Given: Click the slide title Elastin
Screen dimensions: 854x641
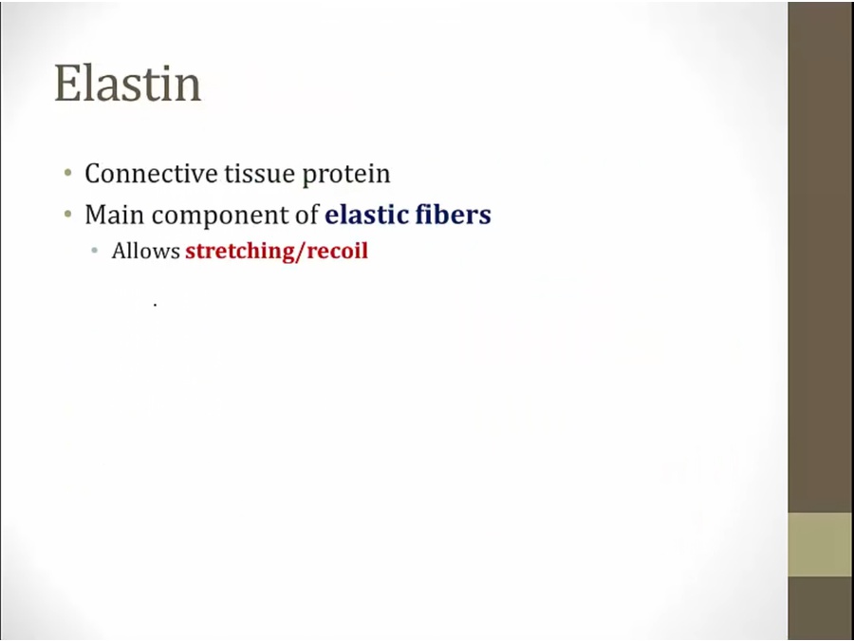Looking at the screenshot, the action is click(128, 83).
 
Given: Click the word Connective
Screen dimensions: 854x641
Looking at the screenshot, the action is click(151, 174).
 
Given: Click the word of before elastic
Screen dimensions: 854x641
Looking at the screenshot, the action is click(306, 215).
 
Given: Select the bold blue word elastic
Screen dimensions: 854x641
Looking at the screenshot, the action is click(366, 215).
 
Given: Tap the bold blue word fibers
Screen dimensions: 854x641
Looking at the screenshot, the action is click(454, 215).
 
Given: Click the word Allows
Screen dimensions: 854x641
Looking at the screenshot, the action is click(145, 251).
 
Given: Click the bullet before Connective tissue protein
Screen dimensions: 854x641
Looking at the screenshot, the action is click(68, 174).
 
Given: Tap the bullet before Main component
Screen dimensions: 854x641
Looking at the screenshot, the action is click(68, 215).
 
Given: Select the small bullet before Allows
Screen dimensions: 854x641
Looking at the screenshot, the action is click(95, 252).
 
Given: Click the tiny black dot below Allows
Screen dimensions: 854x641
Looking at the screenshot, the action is click(156, 306).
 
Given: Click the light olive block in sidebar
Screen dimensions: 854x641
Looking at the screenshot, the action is click(820, 544).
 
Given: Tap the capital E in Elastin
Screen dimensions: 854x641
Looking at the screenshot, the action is click(66, 83).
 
